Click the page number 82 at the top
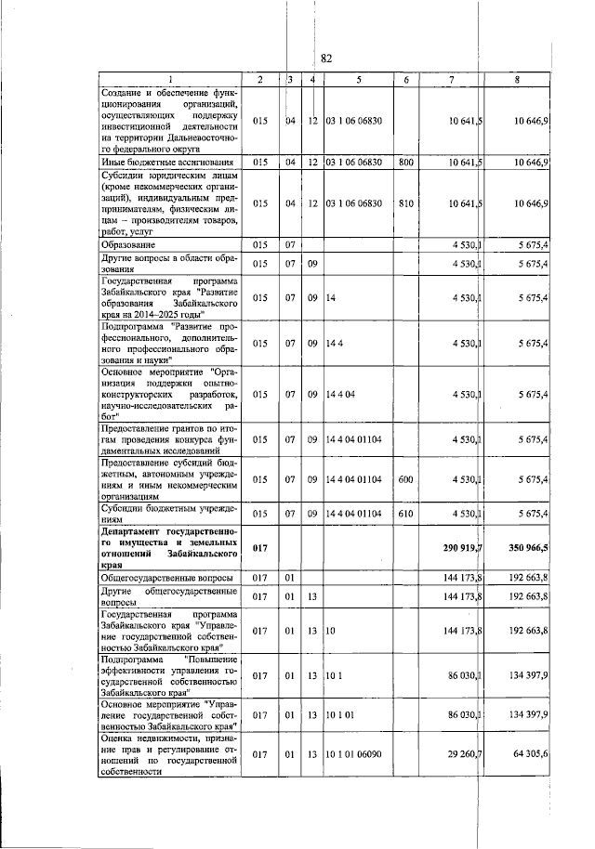[x=326, y=58]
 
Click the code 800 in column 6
[x=405, y=162]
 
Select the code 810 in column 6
[x=405, y=202]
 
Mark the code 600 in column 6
[x=405, y=479]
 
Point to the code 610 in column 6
[x=405, y=513]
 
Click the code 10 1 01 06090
[x=358, y=756]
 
